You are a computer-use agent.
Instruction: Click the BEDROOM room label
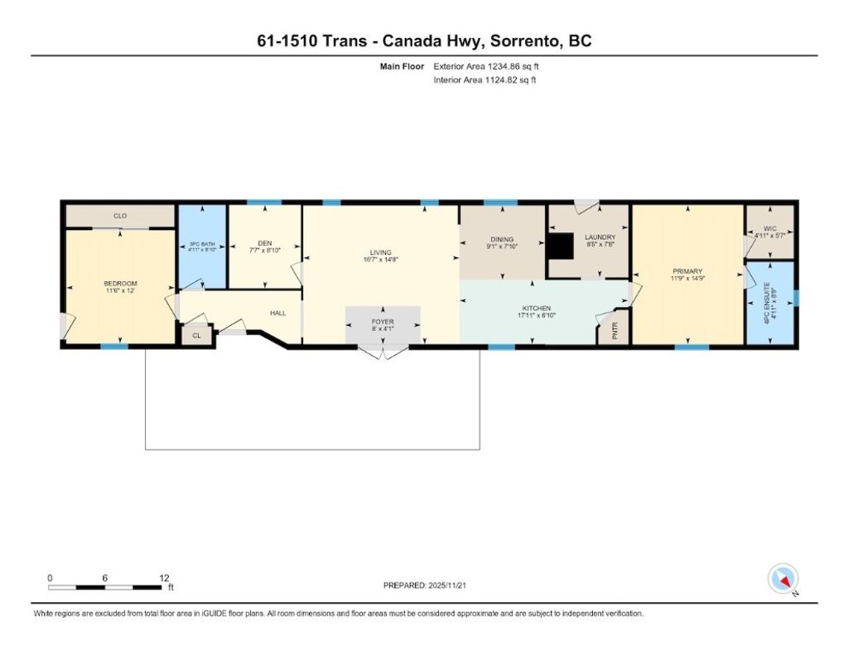(121, 283)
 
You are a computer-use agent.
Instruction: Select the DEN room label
(265, 243)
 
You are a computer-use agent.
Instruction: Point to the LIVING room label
(381, 252)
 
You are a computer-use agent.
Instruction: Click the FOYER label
(383, 321)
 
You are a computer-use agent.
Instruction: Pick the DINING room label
(502, 240)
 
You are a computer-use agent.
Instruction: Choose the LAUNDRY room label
(600, 237)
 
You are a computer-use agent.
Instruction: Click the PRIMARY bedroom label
(687, 271)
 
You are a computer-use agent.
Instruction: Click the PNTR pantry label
(614, 331)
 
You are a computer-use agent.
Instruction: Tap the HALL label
(277, 313)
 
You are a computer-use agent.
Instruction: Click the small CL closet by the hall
(196, 336)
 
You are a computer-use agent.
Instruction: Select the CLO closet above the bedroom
(120, 216)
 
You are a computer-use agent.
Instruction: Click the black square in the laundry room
(561, 246)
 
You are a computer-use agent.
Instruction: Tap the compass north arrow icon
(783, 578)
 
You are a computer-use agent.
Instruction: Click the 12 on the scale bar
(164, 577)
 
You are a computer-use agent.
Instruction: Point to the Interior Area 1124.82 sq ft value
(485, 80)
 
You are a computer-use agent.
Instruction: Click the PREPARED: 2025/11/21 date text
(430, 585)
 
